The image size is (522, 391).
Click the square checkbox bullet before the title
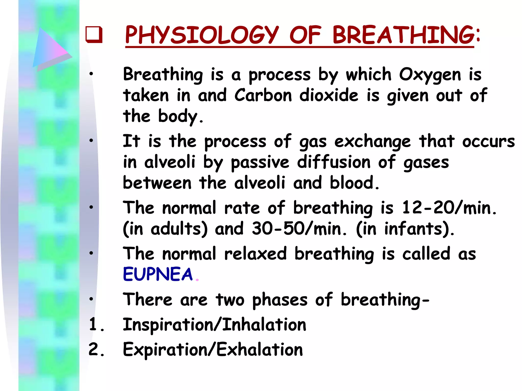click(x=94, y=34)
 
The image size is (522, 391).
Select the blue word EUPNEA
click(x=158, y=274)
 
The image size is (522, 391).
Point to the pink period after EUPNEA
click(x=197, y=280)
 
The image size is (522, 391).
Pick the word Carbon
click(x=263, y=95)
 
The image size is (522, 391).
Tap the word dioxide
click(x=329, y=95)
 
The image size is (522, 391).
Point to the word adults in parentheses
click(x=177, y=229)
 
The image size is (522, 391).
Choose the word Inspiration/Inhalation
click(x=214, y=325)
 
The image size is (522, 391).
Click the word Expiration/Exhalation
click(x=213, y=350)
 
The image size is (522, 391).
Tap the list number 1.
click(x=96, y=325)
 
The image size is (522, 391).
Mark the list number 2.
click(x=96, y=350)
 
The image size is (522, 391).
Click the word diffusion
click(x=334, y=162)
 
